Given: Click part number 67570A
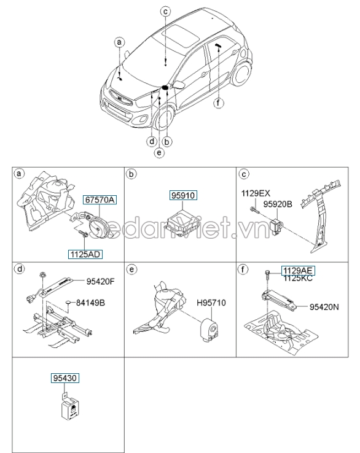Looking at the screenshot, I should coord(100,200).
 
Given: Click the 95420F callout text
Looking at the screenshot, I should coord(101,283).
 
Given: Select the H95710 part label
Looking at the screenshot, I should coord(211,304).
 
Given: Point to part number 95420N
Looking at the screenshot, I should coord(325,305).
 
